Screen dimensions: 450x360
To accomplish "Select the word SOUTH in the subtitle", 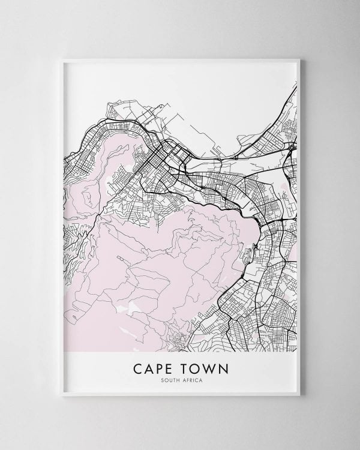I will pos(169,379).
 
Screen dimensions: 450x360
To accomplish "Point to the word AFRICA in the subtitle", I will pos(191,379).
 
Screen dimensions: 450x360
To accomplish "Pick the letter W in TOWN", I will pos(206,366).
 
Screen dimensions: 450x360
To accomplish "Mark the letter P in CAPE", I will pos(158,366).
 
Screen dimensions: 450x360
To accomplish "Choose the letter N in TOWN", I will pos(219,366).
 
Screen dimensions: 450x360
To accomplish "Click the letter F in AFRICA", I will pos(187,379).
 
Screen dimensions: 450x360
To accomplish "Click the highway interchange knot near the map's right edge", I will pos(291,146).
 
